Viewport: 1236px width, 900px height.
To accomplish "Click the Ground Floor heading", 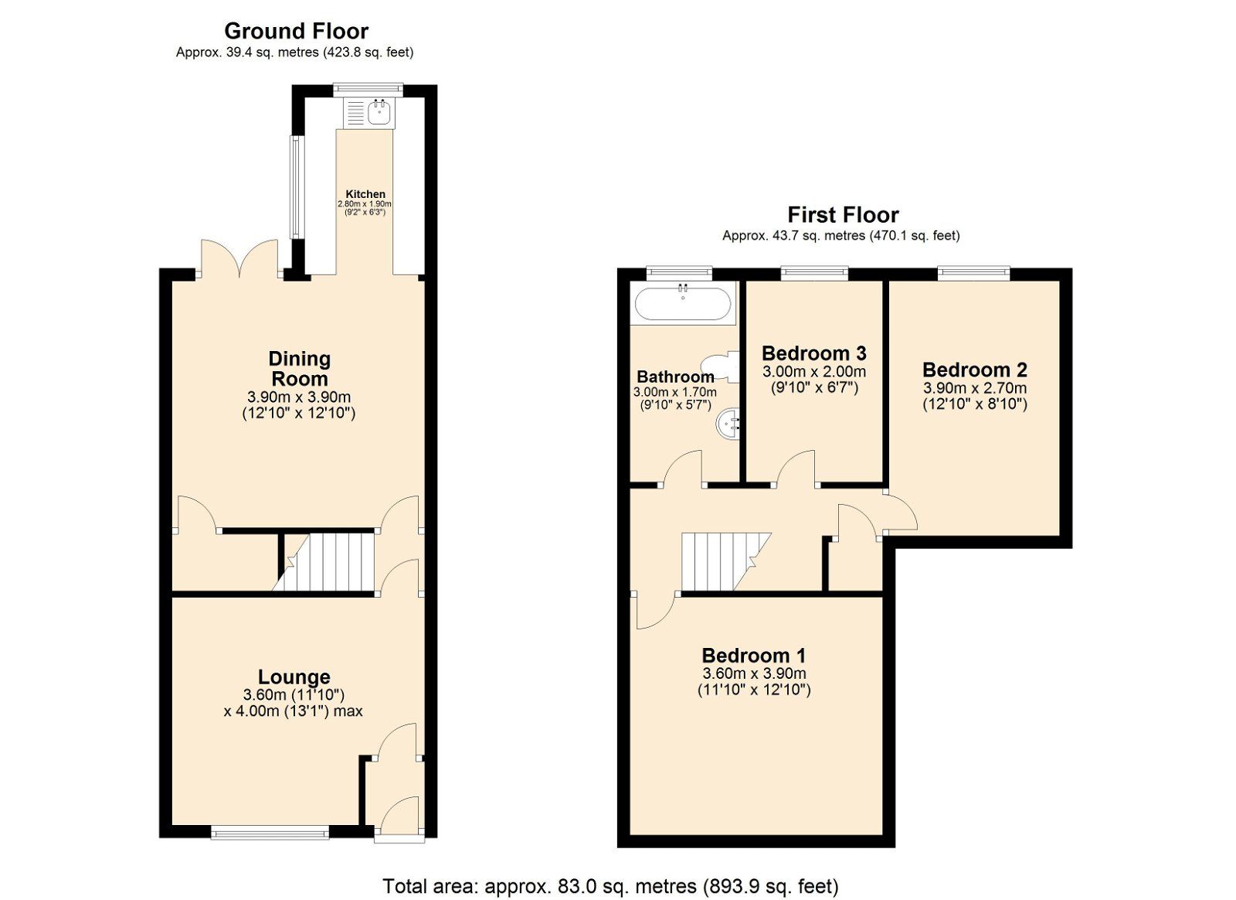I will click(x=296, y=31).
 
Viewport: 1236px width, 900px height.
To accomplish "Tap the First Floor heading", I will click(x=843, y=214).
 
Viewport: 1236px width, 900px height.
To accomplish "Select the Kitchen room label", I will click(x=365, y=194).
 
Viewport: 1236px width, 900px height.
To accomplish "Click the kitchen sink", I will click(x=380, y=113).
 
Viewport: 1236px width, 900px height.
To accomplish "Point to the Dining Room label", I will click(x=299, y=369).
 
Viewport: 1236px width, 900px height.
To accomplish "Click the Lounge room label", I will click(x=294, y=677).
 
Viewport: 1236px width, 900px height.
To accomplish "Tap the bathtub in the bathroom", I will click(x=682, y=303).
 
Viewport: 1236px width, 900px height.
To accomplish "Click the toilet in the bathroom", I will click(x=718, y=366).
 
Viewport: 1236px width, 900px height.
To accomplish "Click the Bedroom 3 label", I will click(x=813, y=353).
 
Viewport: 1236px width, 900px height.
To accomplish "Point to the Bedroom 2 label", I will click(x=974, y=370).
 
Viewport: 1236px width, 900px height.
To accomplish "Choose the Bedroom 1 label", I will click(x=753, y=656).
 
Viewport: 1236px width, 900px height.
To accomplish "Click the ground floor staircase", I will click(x=328, y=563).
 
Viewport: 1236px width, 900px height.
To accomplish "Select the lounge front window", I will click(x=270, y=833).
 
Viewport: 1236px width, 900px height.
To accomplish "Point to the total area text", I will click(x=610, y=885).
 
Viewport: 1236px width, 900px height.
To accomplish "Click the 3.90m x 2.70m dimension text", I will click(x=974, y=388).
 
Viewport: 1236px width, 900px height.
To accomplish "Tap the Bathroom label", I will click(x=674, y=377).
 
